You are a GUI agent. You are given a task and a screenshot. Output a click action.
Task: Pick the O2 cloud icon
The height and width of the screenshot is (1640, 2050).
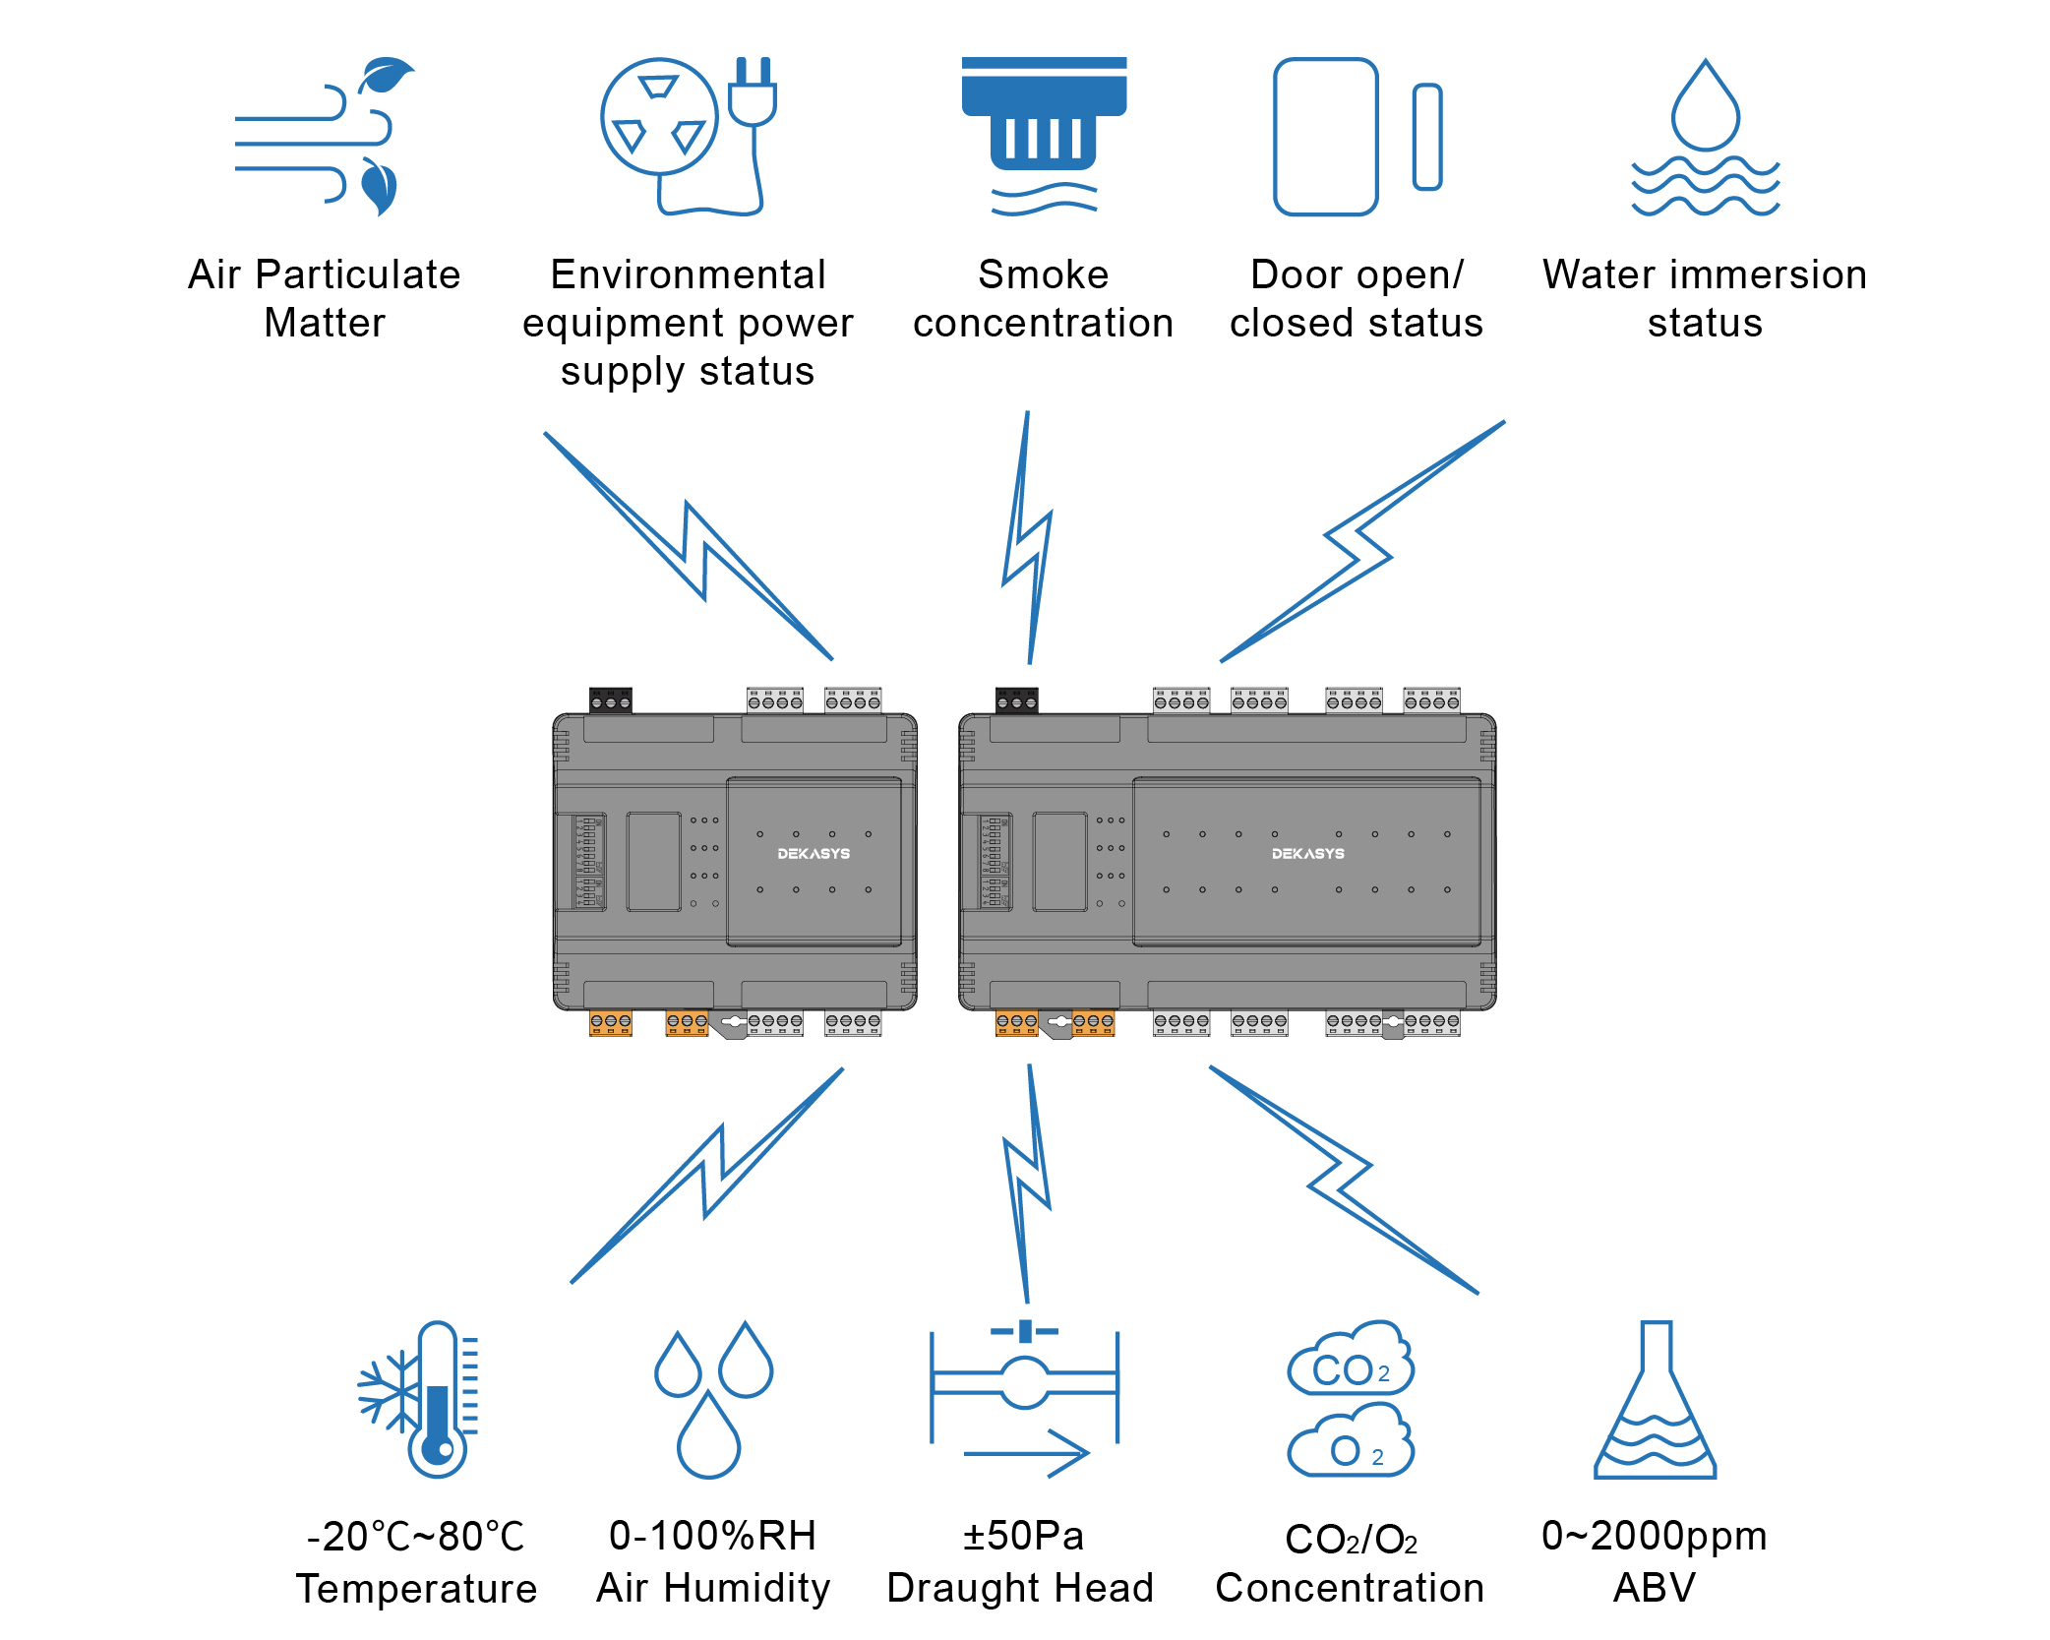pyautogui.click(x=1351, y=1441)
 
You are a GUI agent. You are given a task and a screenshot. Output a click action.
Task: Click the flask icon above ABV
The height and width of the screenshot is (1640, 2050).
pyautogui.click(x=1656, y=1401)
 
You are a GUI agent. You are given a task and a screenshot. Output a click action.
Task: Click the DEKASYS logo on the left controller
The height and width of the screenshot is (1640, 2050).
pyautogui.click(x=814, y=854)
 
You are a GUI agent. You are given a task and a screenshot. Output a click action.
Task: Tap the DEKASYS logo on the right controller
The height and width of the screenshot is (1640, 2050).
pyautogui.click(x=1307, y=854)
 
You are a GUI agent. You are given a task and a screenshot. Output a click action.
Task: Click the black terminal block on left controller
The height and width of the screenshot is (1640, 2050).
pyautogui.click(x=610, y=700)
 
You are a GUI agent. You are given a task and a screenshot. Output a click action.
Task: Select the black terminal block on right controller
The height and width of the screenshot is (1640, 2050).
pyautogui.click(x=1016, y=700)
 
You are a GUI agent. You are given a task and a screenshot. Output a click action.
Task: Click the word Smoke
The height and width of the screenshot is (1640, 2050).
pyautogui.click(x=1043, y=274)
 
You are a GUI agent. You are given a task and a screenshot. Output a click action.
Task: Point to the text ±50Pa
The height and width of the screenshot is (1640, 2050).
pyautogui.click(x=1023, y=1536)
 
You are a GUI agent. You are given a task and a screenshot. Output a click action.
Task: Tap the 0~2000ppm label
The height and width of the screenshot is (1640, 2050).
pyautogui.click(x=1654, y=1536)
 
